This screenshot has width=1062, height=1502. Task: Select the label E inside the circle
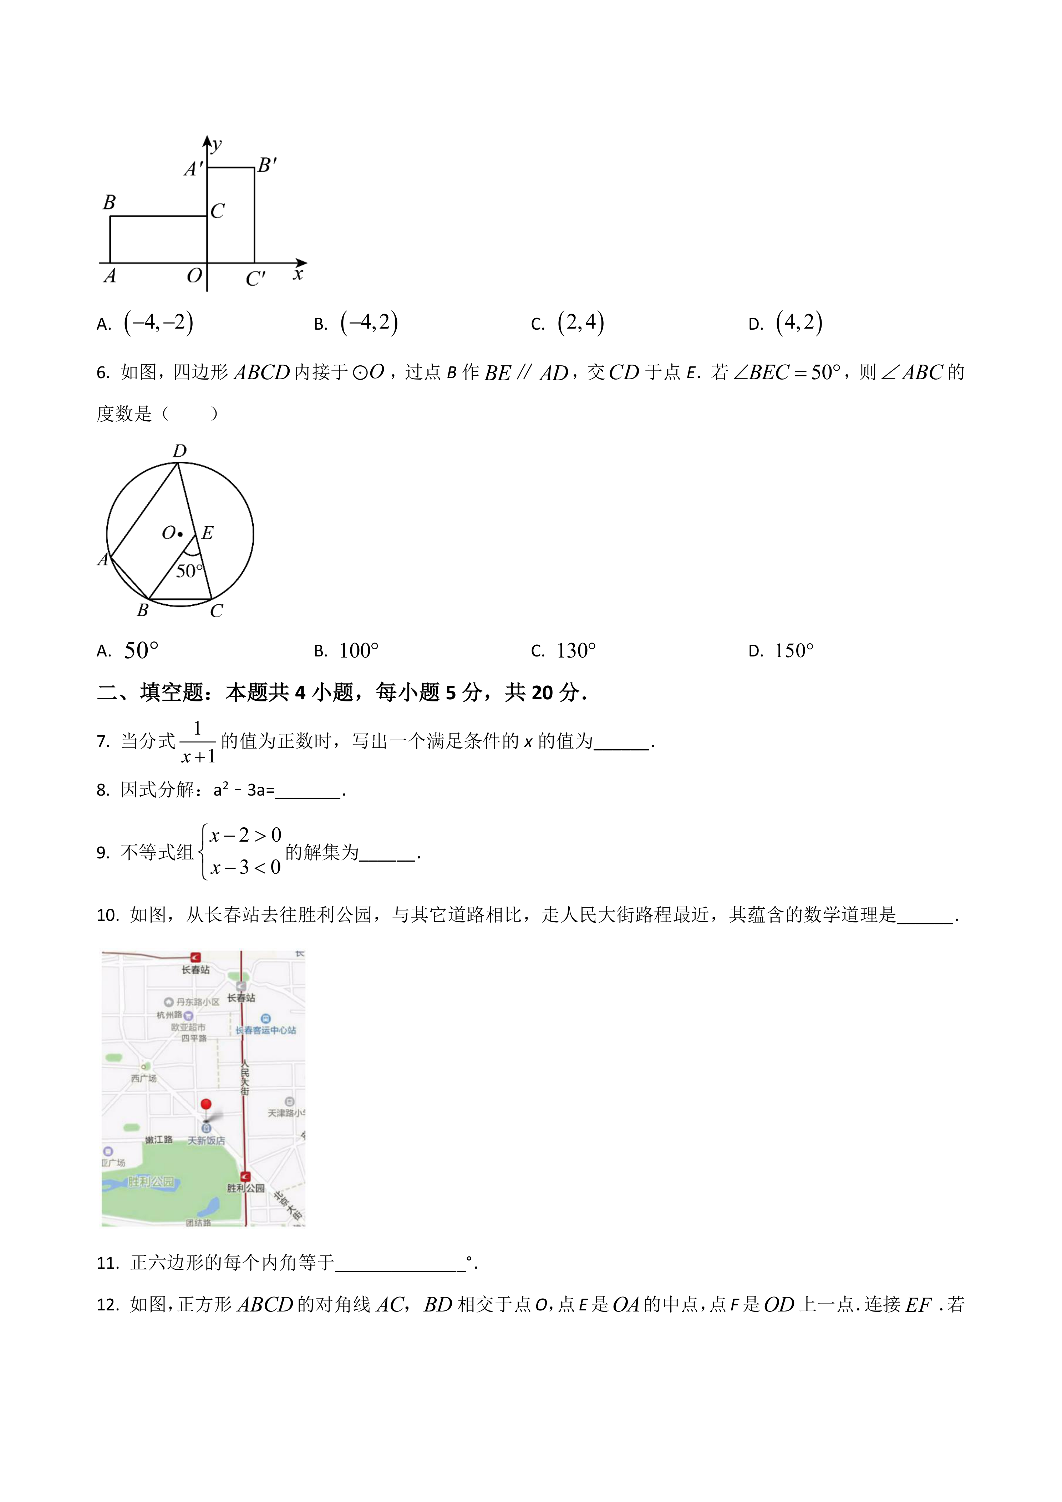[207, 533]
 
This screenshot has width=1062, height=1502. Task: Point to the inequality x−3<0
[245, 867]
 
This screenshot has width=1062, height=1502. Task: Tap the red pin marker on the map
[206, 1104]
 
